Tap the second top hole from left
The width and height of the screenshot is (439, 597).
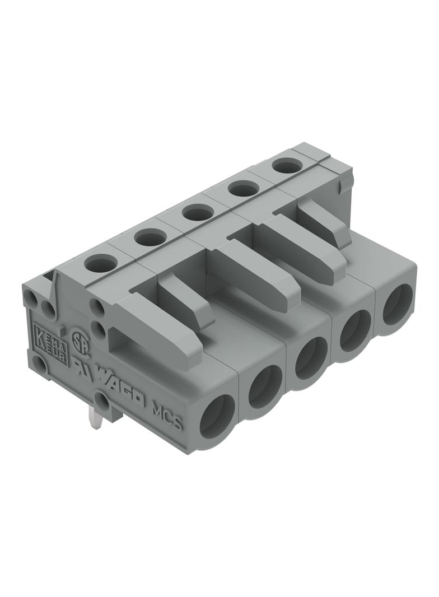click(150, 237)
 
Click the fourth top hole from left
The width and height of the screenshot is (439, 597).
click(242, 189)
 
